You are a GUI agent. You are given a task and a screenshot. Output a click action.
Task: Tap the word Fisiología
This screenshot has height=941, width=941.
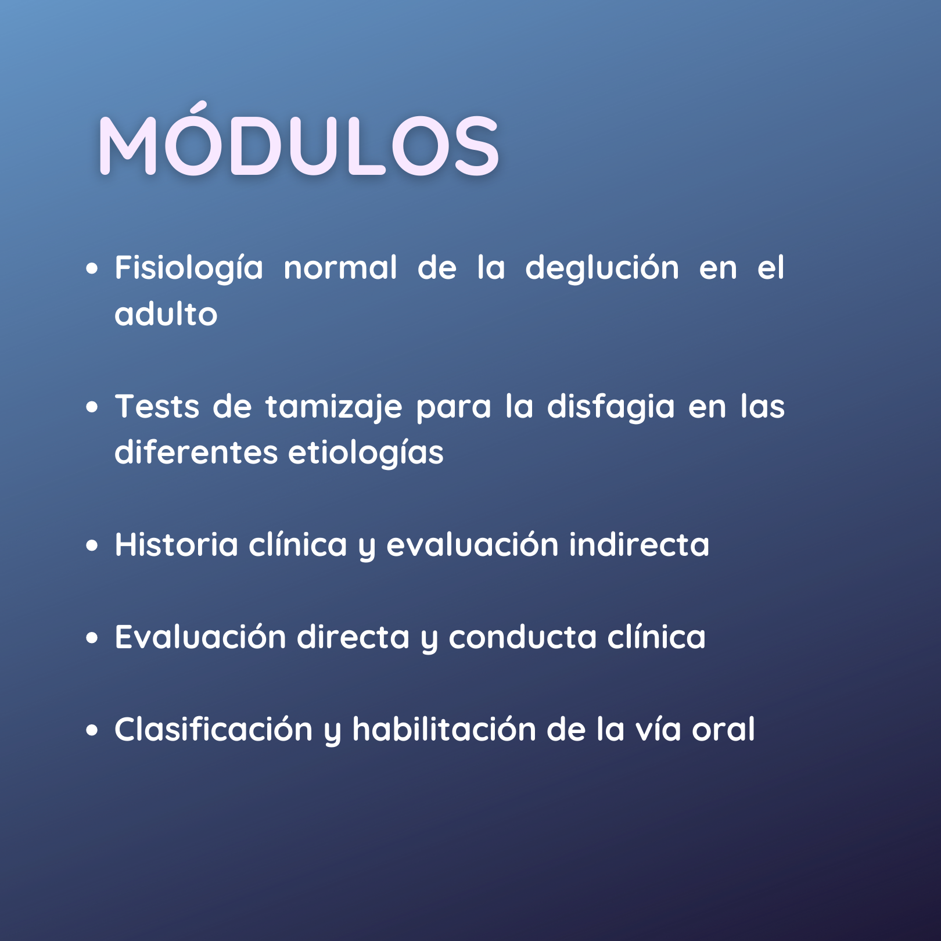(189, 269)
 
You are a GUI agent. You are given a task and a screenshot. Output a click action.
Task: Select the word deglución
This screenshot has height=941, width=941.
(602, 269)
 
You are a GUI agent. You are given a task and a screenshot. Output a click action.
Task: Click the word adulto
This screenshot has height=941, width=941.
(166, 314)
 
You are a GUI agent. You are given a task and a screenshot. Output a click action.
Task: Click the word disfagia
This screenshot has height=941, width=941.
(610, 407)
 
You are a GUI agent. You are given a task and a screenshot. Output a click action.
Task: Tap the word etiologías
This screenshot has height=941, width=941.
(366, 453)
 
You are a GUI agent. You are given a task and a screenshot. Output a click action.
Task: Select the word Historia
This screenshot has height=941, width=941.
(177, 544)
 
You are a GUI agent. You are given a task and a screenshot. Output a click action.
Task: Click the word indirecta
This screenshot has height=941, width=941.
(639, 544)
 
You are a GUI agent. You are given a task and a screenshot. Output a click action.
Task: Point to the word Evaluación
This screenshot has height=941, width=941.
(200, 637)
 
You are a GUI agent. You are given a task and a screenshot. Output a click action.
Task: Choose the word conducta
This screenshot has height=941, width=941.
(523, 637)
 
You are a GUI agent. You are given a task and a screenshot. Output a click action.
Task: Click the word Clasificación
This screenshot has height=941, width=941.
(214, 729)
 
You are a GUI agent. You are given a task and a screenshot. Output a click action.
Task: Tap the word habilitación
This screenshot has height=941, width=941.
(444, 729)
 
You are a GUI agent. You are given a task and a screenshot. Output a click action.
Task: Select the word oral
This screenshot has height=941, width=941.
(723, 729)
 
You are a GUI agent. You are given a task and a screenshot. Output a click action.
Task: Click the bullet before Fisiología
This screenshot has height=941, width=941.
(92, 269)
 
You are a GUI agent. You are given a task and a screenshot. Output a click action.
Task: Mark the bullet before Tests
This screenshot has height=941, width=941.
(92, 407)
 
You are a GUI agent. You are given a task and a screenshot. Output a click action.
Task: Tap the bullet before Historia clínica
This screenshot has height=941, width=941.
(92, 545)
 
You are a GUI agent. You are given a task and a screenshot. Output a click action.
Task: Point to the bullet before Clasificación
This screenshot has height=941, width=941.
(92, 730)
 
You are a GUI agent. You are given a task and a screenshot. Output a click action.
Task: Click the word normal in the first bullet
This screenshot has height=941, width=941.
(340, 268)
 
